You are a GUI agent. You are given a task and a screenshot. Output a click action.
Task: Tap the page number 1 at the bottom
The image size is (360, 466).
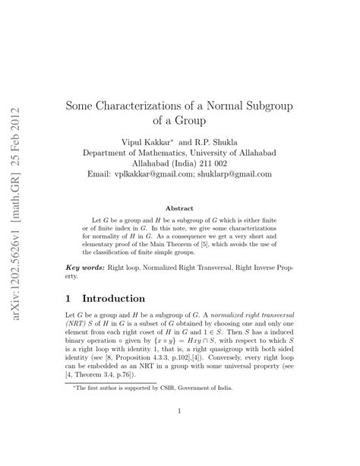tap(179, 413)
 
